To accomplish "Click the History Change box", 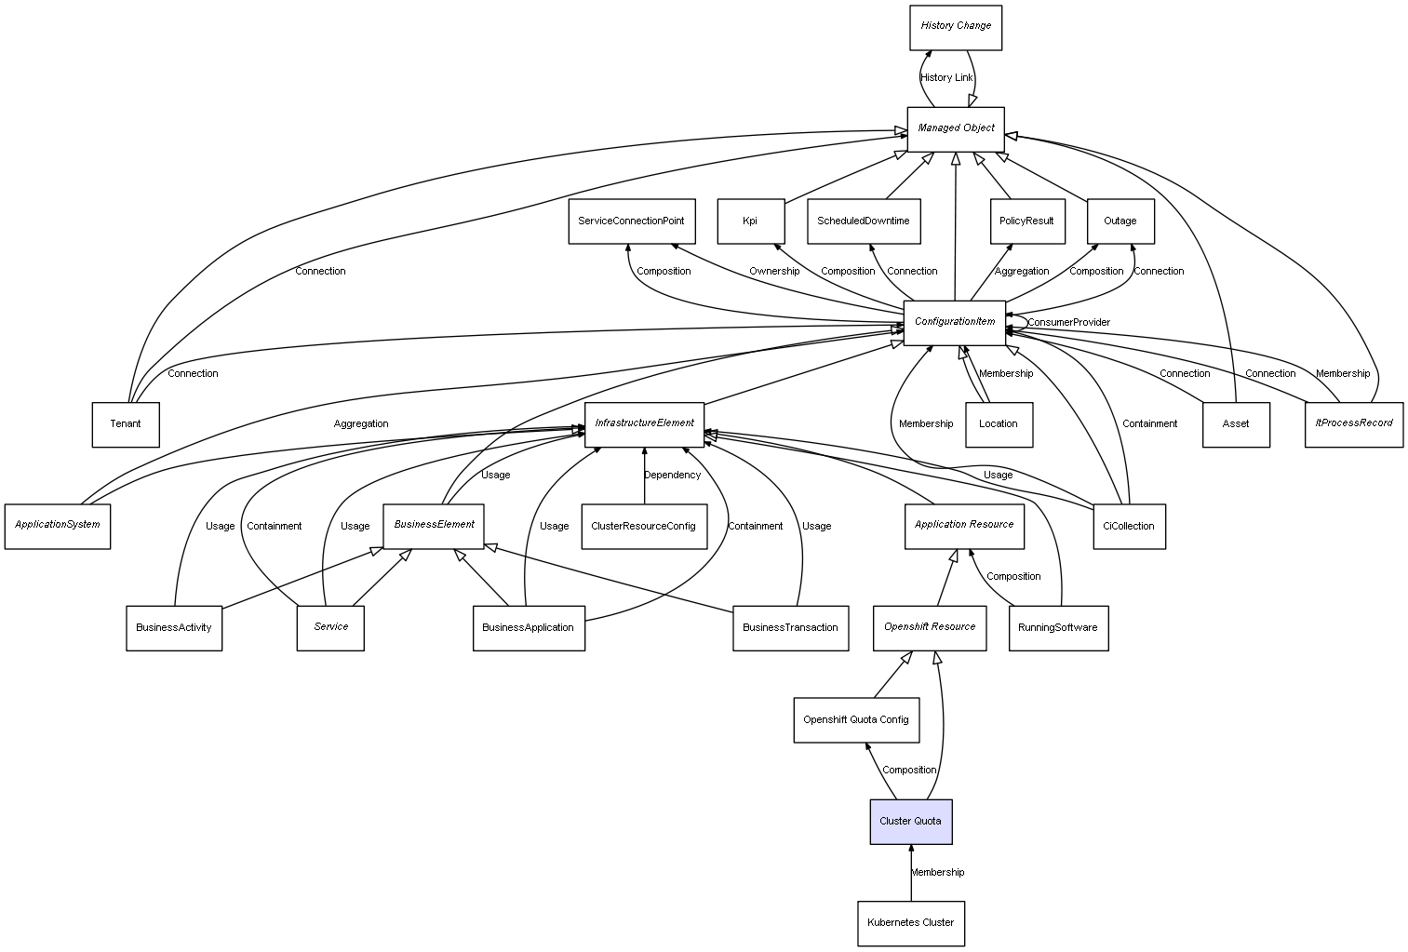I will [x=956, y=27].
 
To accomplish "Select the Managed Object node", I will [x=956, y=128].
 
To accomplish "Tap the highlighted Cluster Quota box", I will [x=910, y=822].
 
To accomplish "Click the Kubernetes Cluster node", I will [x=910, y=923].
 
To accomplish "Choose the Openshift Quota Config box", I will [x=856, y=720].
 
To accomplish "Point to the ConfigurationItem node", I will [x=955, y=323].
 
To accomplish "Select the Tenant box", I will [x=126, y=424].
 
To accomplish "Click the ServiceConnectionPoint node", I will [x=631, y=221].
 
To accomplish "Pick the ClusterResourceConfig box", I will [x=643, y=527].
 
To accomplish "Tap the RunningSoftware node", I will [x=1058, y=628].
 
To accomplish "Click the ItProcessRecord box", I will [x=1353, y=424].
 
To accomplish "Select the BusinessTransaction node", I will [x=790, y=628].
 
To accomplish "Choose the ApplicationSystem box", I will [x=58, y=526].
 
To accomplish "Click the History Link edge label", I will [x=946, y=78].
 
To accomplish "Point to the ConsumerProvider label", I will [x=1068, y=323].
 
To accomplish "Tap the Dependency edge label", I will [x=672, y=476].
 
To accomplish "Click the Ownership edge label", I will [x=774, y=272].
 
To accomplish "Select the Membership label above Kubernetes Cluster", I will [x=937, y=873].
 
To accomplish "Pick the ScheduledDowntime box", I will [x=864, y=221].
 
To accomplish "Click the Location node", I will [x=999, y=424].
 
